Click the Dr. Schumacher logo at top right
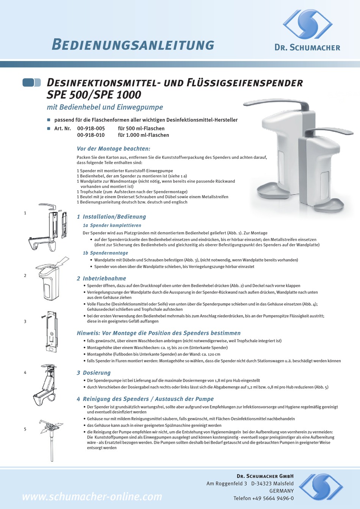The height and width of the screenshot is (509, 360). [307, 25]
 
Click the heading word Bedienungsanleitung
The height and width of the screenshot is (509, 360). [133, 45]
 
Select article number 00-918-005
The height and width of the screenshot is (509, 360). [91, 128]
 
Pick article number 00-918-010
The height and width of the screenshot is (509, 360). [91, 135]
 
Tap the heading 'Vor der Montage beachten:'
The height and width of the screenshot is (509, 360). [113, 149]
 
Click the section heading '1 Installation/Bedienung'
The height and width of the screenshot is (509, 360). [111, 217]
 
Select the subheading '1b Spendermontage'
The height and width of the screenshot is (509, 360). [105, 253]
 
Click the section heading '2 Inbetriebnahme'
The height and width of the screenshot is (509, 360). [102, 279]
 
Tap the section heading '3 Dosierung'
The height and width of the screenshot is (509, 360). [94, 373]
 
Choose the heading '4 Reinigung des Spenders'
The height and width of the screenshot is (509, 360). [145, 399]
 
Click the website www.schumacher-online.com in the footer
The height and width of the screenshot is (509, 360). [92, 496]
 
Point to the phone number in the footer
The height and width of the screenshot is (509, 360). [263, 498]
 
